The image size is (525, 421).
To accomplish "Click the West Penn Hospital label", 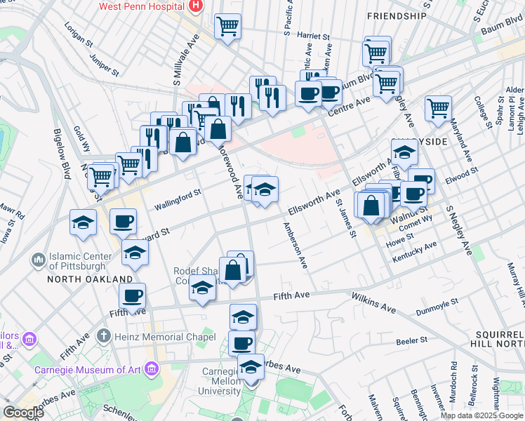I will click(141, 6).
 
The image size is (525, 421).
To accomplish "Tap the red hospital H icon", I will click(196, 7).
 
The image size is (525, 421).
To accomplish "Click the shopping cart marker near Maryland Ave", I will click(438, 109).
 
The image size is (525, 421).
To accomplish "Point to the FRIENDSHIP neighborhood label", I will click(397, 15).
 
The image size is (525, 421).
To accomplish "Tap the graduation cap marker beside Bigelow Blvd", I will click(84, 223).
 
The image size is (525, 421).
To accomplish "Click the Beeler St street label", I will click(412, 340).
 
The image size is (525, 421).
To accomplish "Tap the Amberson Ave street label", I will click(295, 246).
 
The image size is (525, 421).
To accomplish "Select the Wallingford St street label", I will click(178, 197).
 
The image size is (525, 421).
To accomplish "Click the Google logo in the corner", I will click(23, 413).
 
